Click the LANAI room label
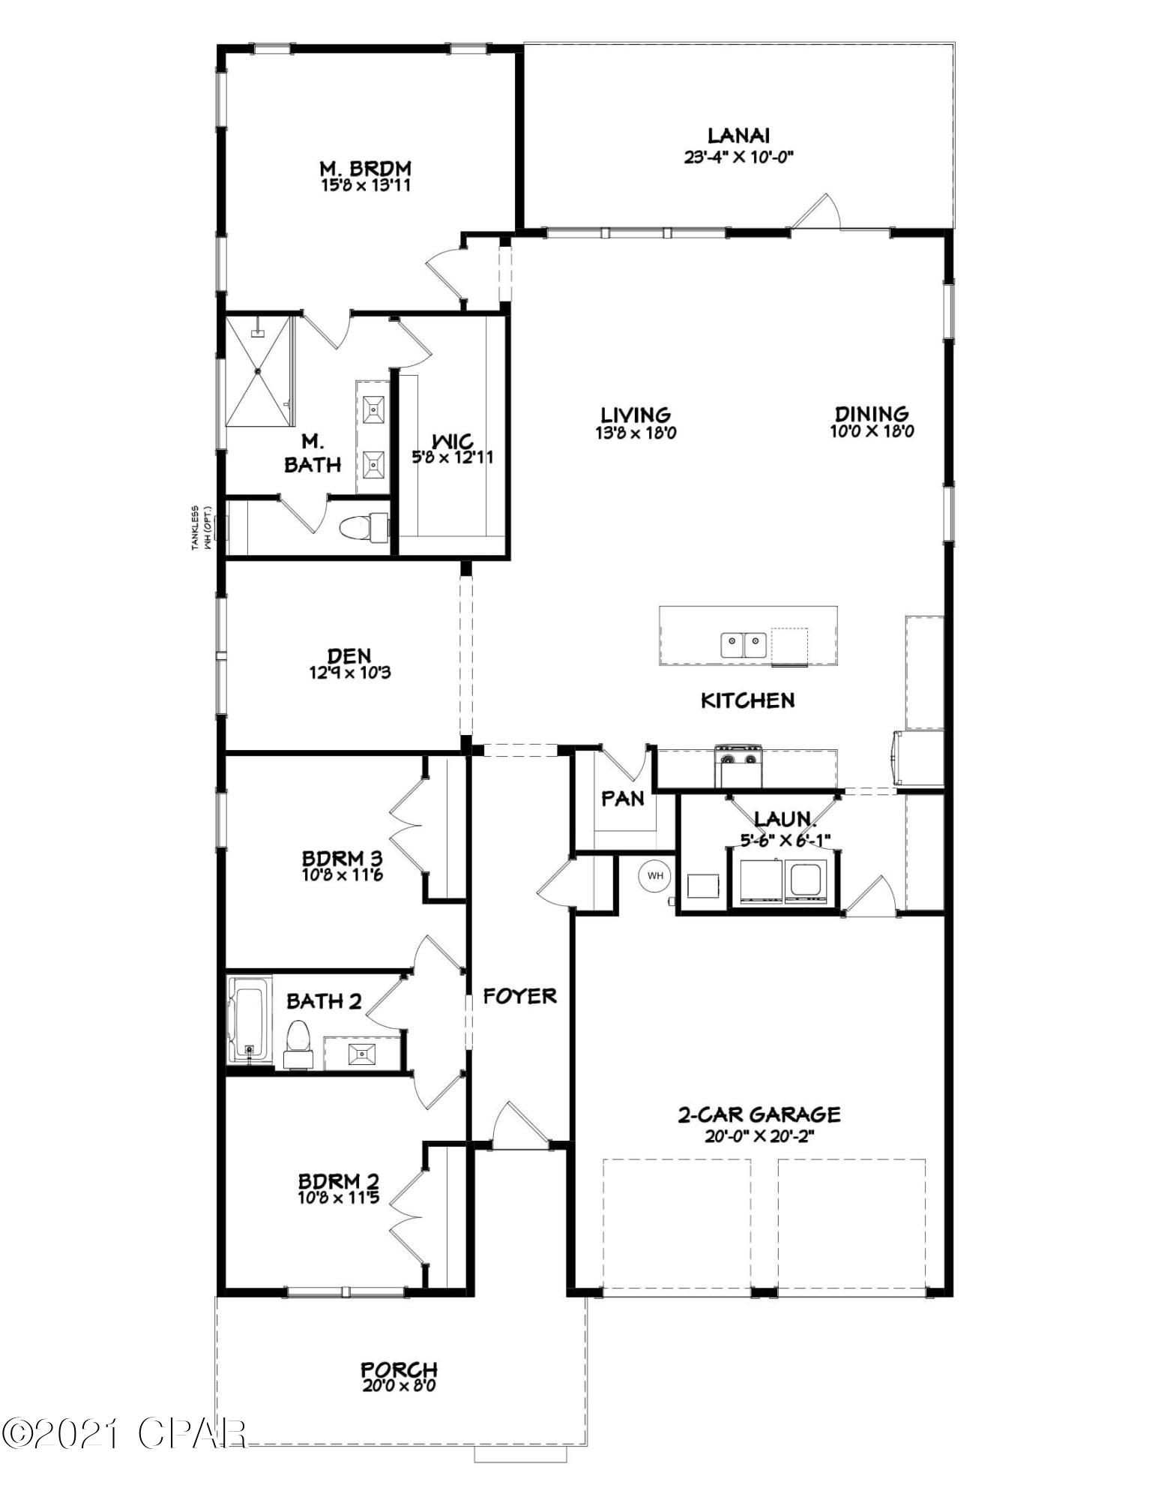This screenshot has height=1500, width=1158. [738, 136]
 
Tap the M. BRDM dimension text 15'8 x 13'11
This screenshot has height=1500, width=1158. [365, 185]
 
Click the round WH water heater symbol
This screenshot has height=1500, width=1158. [655, 875]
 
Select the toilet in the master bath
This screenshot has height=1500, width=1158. [364, 527]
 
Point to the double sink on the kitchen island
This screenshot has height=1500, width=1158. [744, 643]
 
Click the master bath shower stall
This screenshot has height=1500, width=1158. [259, 371]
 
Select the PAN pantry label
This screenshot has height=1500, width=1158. [623, 799]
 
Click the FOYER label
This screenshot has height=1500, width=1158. [519, 996]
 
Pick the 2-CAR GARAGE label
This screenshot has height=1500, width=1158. [759, 1114]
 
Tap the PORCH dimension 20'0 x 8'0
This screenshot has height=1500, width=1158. [398, 1385]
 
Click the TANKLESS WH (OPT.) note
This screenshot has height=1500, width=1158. [199, 528]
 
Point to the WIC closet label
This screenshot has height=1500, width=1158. [452, 441]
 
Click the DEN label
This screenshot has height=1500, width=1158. [349, 657]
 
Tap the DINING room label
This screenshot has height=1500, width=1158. [872, 413]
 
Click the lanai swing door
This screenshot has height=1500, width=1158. [817, 211]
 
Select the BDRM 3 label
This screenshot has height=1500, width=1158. [342, 858]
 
